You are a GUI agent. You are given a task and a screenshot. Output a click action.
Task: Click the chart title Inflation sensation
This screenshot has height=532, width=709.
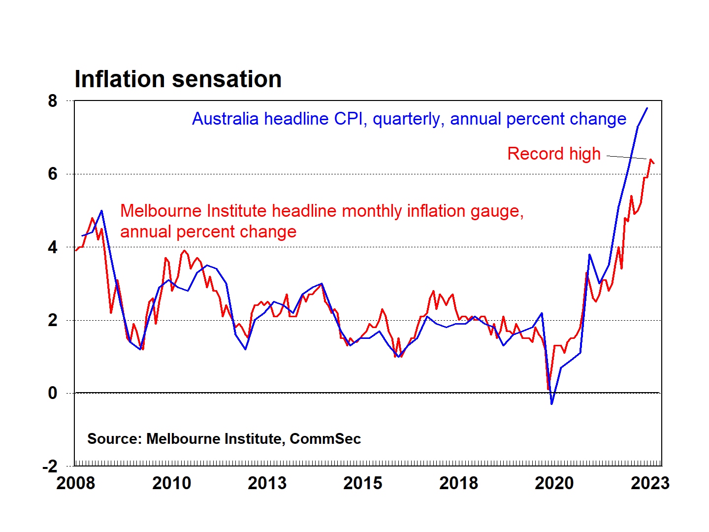click(x=178, y=79)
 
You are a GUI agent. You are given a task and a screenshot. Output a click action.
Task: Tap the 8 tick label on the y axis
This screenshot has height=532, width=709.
click(x=53, y=101)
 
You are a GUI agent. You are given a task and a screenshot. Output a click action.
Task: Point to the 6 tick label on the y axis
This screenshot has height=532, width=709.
click(x=53, y=174)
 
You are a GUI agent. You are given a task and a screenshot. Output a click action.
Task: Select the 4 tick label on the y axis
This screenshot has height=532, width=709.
click(x=53, y=247)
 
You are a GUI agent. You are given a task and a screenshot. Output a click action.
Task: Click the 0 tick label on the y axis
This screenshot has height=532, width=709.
click(x=53, y=393)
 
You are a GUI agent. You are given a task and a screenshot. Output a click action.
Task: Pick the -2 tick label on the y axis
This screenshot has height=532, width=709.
click(x=50, y=466)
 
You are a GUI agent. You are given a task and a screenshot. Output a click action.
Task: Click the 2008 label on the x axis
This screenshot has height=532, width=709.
click(x=75, y=483)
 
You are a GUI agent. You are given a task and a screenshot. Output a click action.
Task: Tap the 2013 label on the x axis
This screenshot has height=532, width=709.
click(x=267, y=483)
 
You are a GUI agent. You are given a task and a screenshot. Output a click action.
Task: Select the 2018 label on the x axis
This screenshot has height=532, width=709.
click(x=458, y=483)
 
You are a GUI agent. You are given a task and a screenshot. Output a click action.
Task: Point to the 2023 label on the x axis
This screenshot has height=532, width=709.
click(x=650, y=483)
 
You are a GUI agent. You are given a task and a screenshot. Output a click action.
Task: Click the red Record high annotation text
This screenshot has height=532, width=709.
click(x=554, y=154)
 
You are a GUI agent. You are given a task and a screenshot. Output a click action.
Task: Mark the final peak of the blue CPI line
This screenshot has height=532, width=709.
click(x=647, y=108)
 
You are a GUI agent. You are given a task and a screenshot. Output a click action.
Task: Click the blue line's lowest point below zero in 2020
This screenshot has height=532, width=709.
click(x=552, y=404)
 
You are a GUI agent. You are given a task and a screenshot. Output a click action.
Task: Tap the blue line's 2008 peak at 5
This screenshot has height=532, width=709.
click(x=101, y=211)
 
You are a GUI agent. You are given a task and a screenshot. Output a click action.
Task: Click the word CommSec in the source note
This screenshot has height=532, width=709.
click(x=325, y=439)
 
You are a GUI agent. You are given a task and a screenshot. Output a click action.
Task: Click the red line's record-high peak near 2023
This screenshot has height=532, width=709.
click(x=650, y=160)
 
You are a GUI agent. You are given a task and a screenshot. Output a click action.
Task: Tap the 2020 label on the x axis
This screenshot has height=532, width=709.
click(x=554, y=483)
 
